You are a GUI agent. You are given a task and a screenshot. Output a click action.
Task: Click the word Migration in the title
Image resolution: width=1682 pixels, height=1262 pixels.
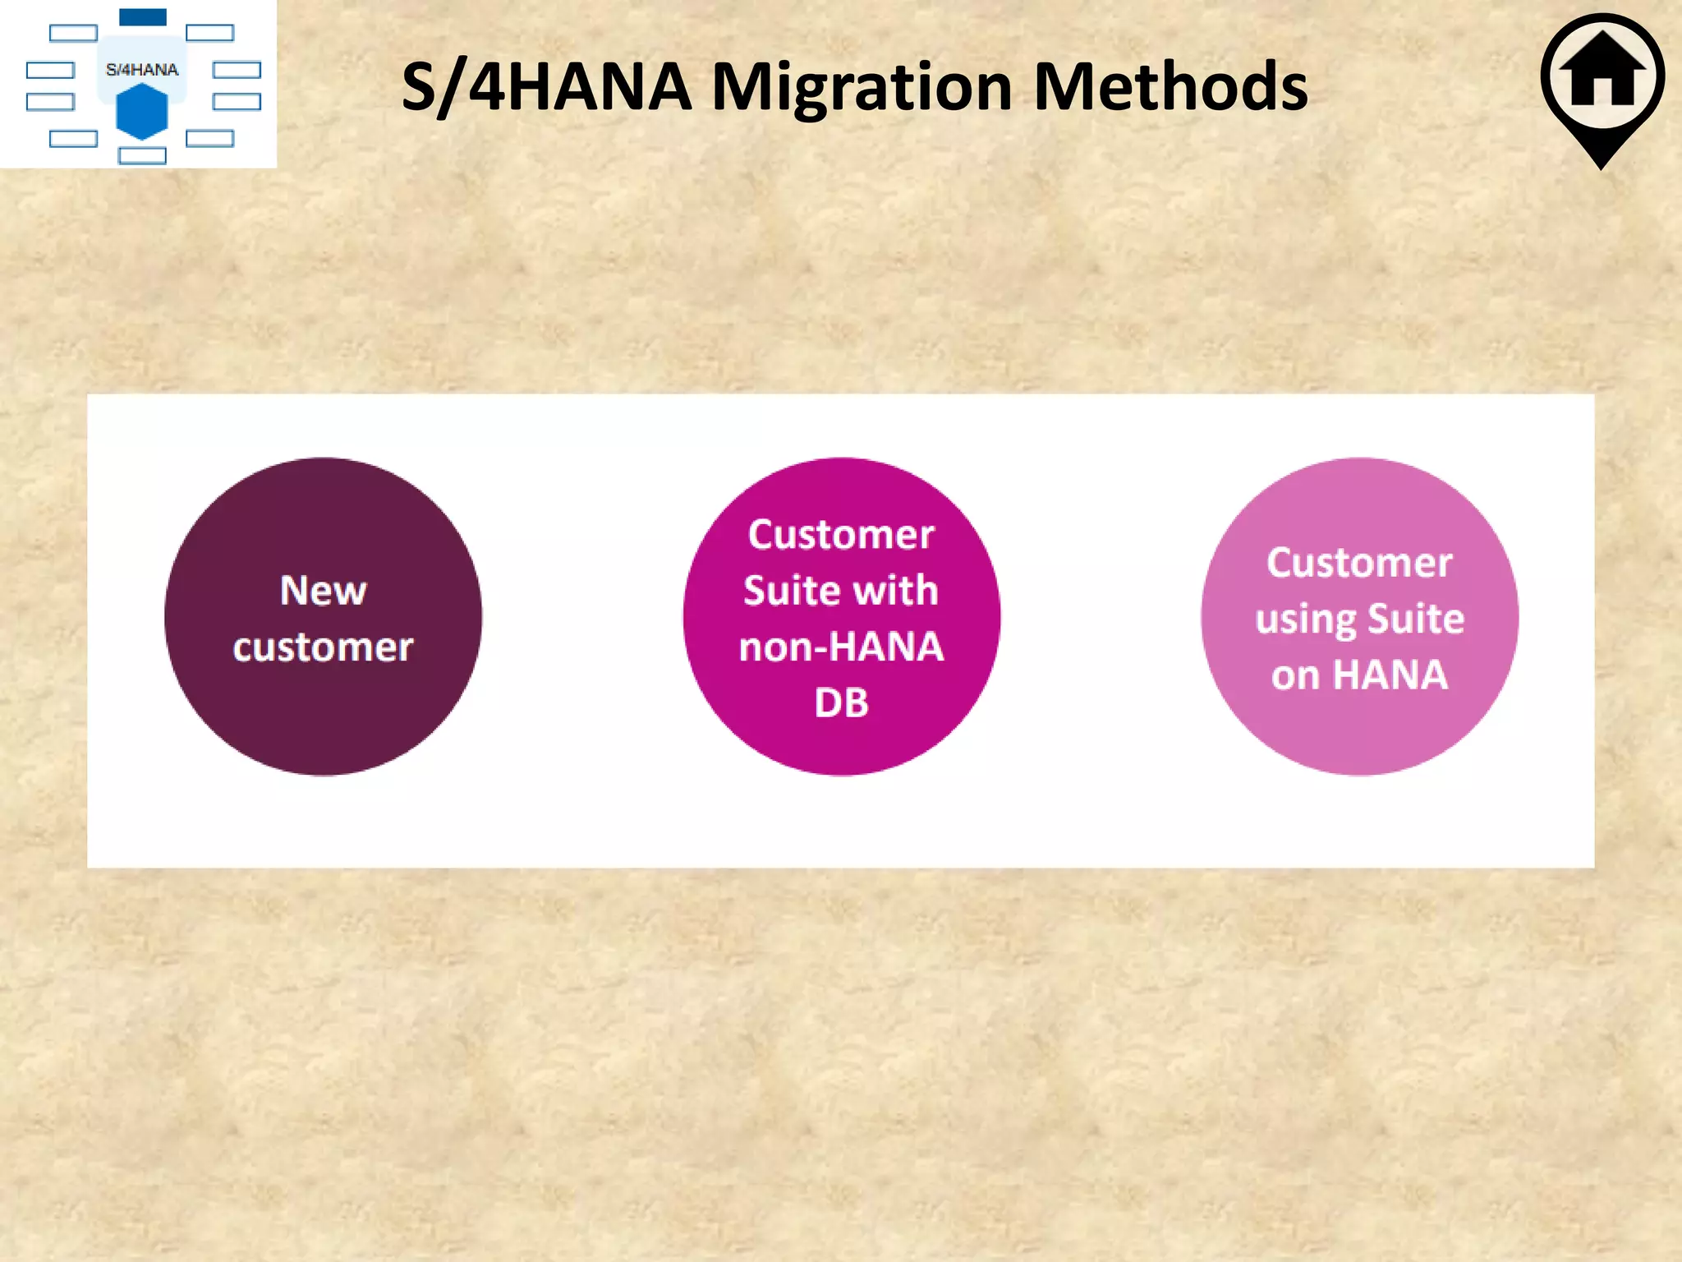tap(863, 89)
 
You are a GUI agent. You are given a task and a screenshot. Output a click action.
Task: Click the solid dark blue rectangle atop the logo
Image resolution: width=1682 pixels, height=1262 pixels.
tap(143, 17)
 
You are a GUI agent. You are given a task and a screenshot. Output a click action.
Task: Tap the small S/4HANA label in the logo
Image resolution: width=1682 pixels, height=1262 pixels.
tap(142, 70)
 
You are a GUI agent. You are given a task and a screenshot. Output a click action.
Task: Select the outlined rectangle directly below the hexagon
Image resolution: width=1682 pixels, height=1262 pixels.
tap(142, 155)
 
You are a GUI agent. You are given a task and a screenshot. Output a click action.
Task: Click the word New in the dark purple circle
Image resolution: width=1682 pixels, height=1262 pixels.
tap(323, 590)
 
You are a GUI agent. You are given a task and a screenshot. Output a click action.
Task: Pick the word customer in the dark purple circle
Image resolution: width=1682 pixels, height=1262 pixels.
tap(323, 647)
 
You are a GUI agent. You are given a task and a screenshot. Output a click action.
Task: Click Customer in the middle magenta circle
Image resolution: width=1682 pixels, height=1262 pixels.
tap(841, 535)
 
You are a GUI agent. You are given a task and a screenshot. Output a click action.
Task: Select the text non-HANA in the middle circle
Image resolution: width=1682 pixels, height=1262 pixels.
tap(841, 647)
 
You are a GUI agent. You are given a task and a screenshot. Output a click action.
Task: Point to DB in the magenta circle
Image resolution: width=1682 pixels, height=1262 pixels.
tap(841, 702)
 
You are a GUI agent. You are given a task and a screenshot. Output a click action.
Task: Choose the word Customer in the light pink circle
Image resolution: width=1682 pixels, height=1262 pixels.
tap(1359, 563)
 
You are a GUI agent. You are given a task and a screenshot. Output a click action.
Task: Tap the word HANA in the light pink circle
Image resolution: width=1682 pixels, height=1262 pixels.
tap(1390, 675)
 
